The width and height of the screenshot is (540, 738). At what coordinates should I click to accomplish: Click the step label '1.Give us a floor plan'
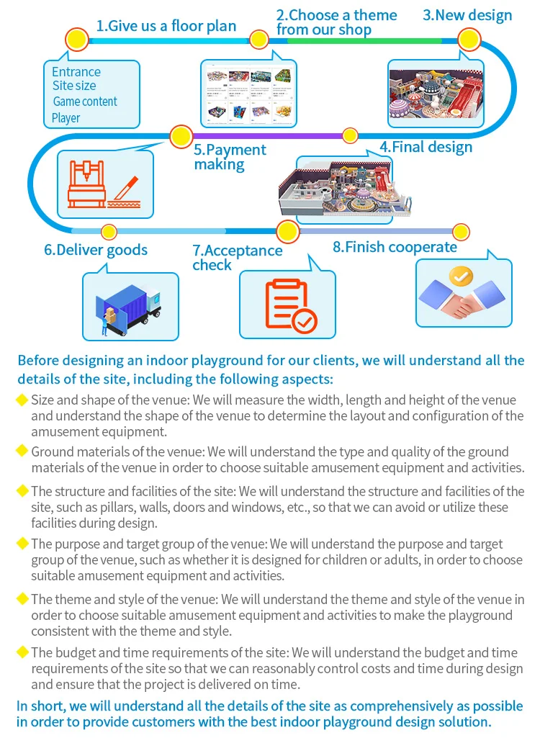(x=166, y=26)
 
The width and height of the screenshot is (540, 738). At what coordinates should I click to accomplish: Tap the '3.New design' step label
(x=467, y=15)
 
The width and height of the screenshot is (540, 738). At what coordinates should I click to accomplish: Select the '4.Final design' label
(x=426, y=147)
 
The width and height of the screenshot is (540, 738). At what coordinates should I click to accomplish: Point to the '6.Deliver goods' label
(x=96, y=250)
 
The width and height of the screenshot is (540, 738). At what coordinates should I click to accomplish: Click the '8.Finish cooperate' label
(x=395, y=247)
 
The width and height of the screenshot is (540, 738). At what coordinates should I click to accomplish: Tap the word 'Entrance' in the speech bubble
(x=76, y=72)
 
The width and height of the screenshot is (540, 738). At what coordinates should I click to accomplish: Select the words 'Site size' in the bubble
(x=74, y=86)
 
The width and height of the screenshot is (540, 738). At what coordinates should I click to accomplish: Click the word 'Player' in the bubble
(x=66, y=118)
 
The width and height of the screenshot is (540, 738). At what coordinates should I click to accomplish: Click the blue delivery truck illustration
(x=130, y=306)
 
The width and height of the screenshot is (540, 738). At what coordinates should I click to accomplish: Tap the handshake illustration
(x=463, y=301)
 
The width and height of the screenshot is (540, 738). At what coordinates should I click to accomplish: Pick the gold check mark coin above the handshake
(x=461, y=276)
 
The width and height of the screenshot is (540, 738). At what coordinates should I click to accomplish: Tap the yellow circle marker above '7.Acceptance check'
(x=287, y=232)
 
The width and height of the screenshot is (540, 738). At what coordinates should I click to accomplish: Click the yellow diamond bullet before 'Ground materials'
(x=22, y=451)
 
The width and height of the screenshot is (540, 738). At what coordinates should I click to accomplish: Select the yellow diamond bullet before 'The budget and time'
(x=22, y=652)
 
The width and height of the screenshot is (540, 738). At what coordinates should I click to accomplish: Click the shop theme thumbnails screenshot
(x=249, y=92)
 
